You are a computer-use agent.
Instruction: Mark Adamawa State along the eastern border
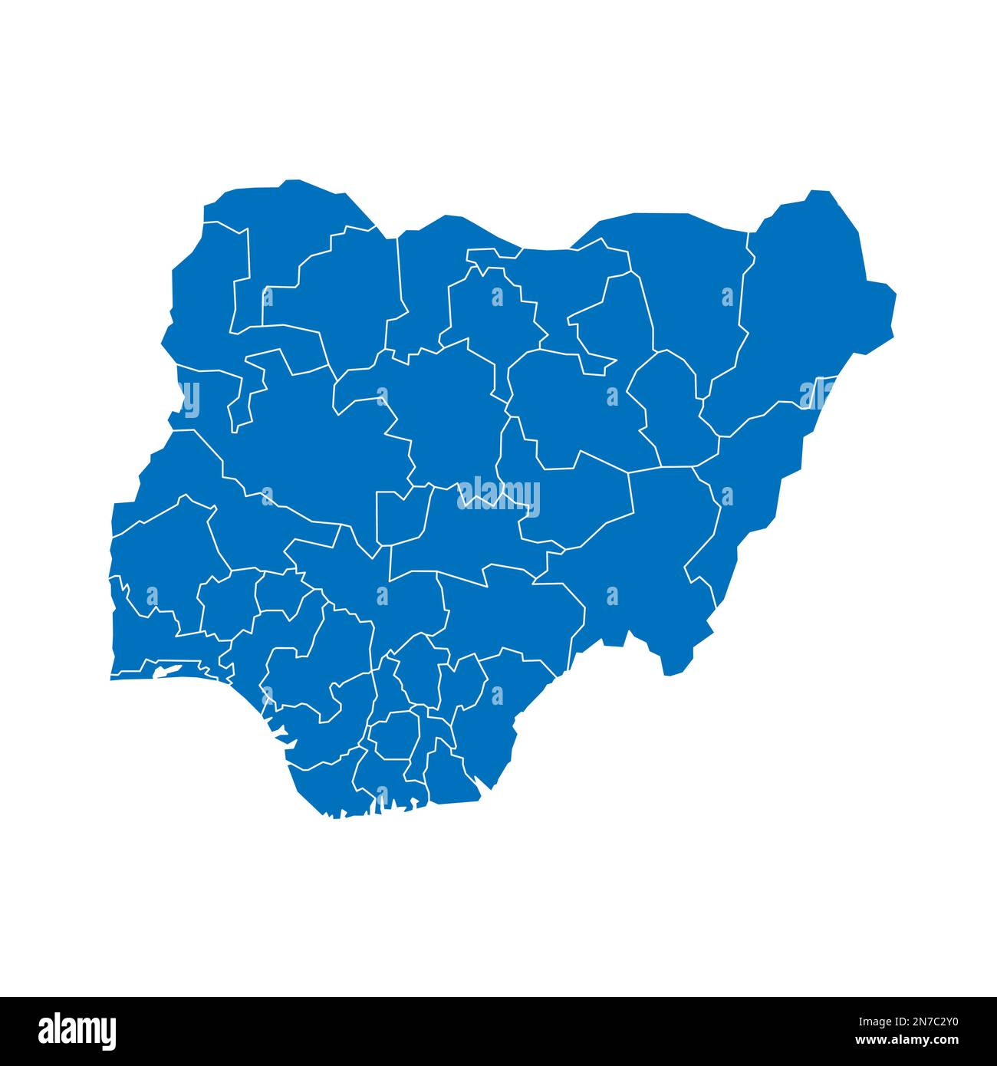click(x=752, y=491)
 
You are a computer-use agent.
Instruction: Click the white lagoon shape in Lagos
click(x=169, y=671)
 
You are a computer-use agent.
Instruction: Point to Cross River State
click(x=491, y=729)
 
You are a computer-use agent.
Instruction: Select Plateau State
click(x=568, y=498)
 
